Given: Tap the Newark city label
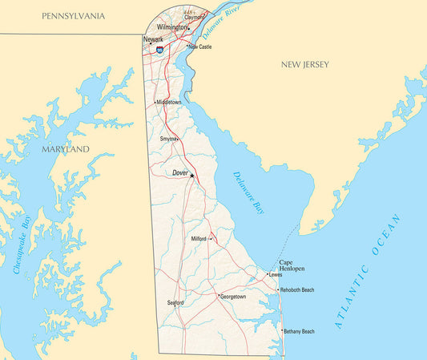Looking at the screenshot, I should pos(153,39).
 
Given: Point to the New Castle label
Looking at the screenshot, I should pos(200,47).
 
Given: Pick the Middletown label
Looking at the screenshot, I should pos(170,103).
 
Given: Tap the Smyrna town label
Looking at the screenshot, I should pos(168,139).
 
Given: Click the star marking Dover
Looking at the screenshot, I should pos(192,176).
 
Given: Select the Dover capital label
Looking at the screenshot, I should pos(180,172).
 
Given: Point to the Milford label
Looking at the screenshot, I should pos(199,239).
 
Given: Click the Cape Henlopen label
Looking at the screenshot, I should pos(292,265).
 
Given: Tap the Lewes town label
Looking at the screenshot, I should pos(276,275).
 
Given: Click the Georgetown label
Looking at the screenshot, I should pos(234,297).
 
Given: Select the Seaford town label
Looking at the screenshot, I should pos(175,302).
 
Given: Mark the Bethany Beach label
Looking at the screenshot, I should pos(299,331).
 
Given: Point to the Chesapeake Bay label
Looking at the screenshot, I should pos(23,245).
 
